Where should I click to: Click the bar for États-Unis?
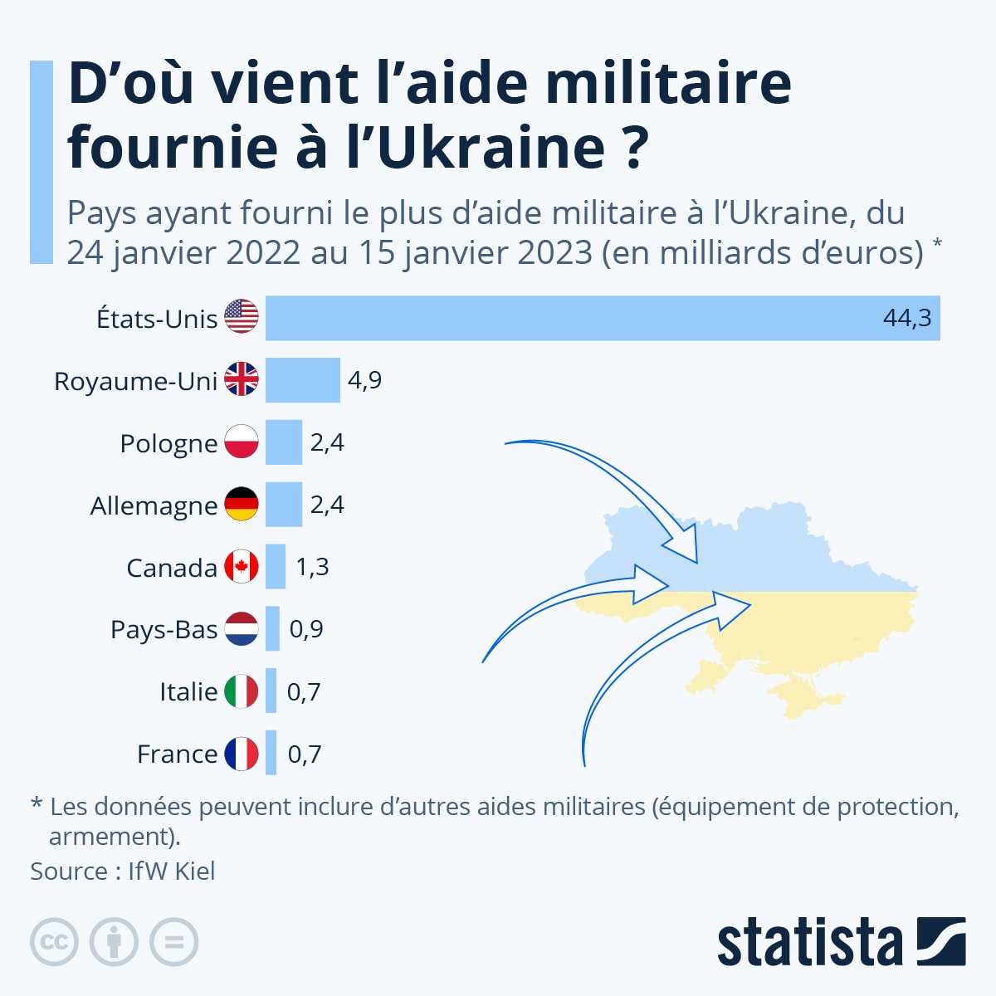coord(603,318)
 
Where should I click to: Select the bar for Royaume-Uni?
coord(303,380)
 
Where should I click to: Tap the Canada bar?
coord(276,567)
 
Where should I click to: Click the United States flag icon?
coord(242,317)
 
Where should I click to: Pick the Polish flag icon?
coord(242,442)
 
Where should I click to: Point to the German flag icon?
coord(242,504)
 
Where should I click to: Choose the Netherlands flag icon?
coord(242,628)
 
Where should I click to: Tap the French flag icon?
coord(242,754)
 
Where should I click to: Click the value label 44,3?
coord(907,318)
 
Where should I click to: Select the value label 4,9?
coord(364,380)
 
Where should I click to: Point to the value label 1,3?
coord(312,567)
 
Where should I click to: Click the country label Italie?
coord(188,691)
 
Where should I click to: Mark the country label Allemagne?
coord(154,505)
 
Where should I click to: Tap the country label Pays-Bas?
coord(164,629)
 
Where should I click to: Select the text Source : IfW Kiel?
coord(123,871)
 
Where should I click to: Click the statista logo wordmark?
coord(809,942)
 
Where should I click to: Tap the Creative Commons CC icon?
coord(54,942)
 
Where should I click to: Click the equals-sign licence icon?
coord(174,942)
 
